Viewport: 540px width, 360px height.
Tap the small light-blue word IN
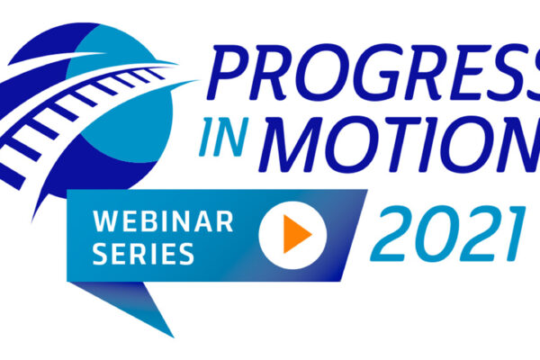click(224, 137)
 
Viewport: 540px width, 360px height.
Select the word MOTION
click(400, 144)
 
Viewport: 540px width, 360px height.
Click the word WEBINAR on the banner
click(163, 221)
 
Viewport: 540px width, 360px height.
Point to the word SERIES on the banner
click(143, 254)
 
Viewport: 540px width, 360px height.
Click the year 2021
click(447, 233)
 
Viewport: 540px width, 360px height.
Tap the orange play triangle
click(297, 234)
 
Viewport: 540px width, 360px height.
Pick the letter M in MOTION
click(292, 144)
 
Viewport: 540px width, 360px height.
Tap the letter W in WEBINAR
click(106, 221)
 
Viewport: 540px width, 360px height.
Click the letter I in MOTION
click(428, 144)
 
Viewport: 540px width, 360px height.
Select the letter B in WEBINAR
click(148, 221)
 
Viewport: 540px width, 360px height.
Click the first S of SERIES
click(101, 254)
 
